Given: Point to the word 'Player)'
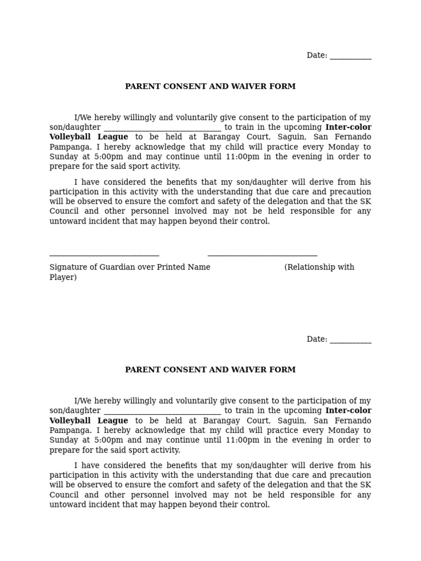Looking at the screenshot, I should coord(63,277).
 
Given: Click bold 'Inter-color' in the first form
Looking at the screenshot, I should coord(348,127).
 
